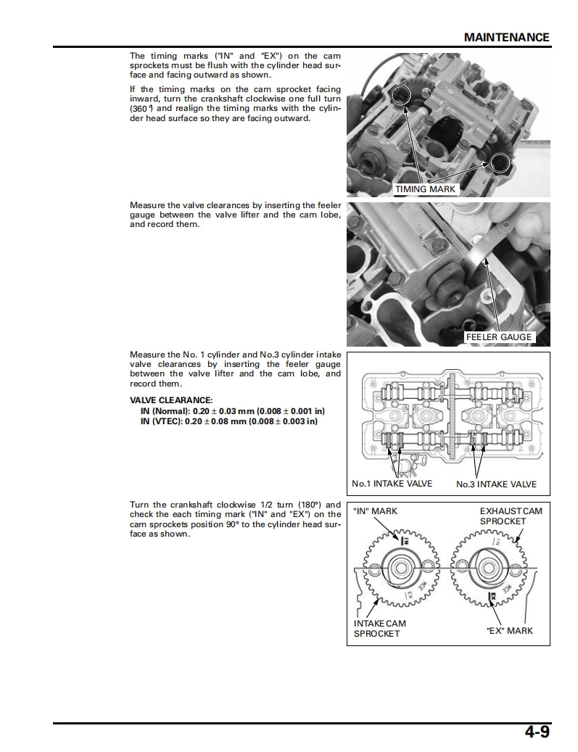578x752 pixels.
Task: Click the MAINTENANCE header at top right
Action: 506,37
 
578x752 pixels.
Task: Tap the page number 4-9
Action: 537,732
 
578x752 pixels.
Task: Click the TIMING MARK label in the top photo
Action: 426,189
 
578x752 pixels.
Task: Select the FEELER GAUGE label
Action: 498,337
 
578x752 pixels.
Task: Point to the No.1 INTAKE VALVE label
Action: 392,484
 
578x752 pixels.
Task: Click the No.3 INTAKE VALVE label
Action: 496,484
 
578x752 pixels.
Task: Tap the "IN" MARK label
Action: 376,511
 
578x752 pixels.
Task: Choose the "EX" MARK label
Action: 509,630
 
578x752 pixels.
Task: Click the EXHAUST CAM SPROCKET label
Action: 511,516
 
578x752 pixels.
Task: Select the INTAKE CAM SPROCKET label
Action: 379,628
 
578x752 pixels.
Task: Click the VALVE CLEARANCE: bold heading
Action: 171,400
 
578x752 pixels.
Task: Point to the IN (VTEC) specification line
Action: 228,421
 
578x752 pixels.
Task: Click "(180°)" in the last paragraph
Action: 326,505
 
